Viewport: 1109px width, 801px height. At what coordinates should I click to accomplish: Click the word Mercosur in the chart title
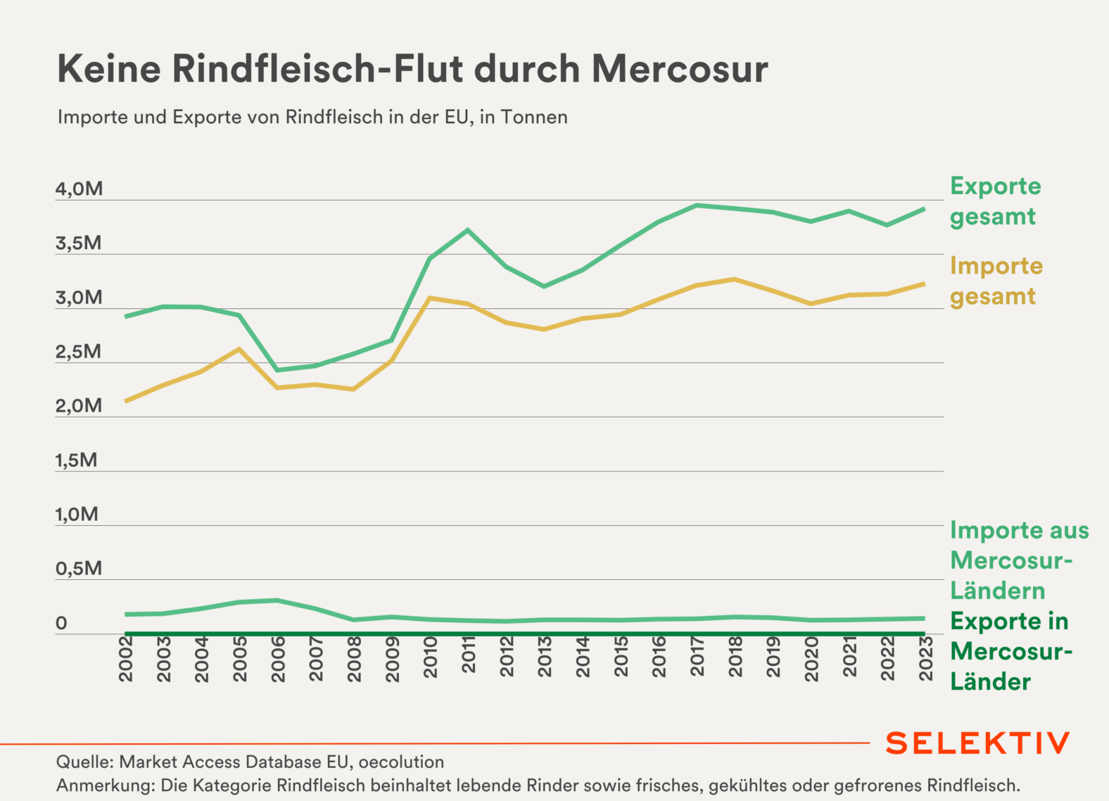click(679, 69)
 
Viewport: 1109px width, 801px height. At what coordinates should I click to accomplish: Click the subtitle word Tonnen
click(534, 117)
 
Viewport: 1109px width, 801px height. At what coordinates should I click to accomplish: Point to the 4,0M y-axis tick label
click(79, 189)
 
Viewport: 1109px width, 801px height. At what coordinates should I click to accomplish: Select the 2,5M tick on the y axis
click(78, 352)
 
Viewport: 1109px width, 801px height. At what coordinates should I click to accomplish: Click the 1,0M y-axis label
click(77, 515)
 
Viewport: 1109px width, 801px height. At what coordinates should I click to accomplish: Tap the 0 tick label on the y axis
click(62, 623)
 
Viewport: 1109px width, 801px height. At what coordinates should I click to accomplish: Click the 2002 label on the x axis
click(127, 659)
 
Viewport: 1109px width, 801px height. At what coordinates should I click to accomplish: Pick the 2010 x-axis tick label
click(431, 657)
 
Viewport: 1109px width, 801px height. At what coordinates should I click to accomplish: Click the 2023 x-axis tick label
click(926, 659)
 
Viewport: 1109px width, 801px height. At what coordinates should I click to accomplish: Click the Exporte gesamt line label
click(995, 201)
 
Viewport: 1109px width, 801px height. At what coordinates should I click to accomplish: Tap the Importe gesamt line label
click(996, 281)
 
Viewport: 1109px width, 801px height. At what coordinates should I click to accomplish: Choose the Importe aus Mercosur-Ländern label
click(1019, 560)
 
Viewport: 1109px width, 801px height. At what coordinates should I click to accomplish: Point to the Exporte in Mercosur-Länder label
click(1010, 651)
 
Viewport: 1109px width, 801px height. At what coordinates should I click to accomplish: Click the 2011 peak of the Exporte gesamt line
click(468, 230)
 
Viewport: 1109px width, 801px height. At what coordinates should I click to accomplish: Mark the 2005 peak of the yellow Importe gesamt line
click(239, 349)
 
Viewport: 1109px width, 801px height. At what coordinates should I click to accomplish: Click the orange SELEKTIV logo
click(977, 743)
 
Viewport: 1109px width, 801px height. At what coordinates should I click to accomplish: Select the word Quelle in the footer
click(83, 762)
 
